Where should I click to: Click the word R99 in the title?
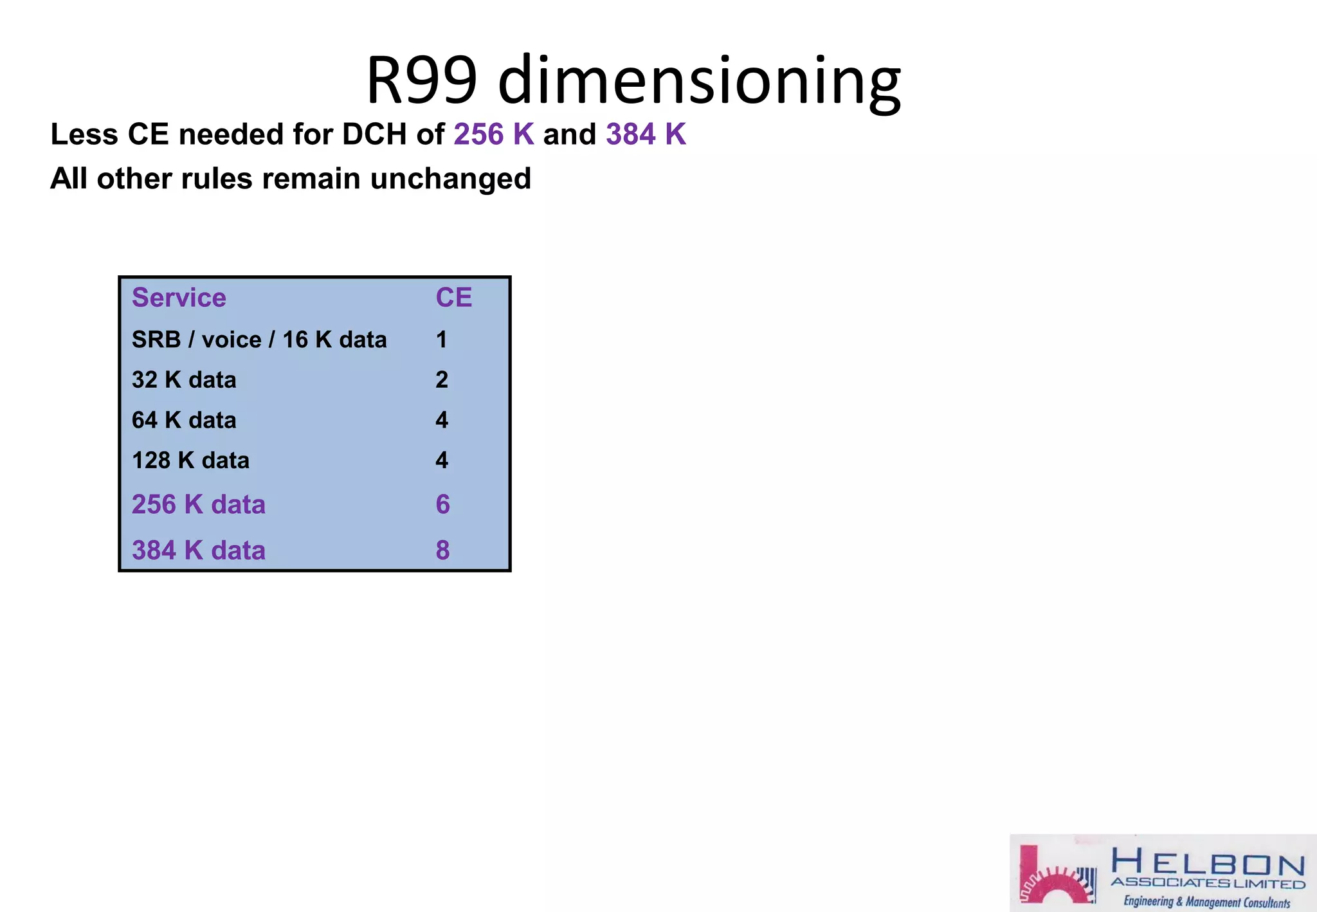click(x=421, y=80)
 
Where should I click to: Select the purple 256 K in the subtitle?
click(x=493, y=134)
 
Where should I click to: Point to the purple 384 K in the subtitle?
click(x=646, y=134)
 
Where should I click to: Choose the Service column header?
click(x=179, y=298)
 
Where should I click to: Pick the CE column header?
click(x=453, y=298)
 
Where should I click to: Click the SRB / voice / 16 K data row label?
click(x=259, y=340)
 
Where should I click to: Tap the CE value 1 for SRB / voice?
click(x=441, y=340)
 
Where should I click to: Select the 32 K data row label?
click(x=184, y=380)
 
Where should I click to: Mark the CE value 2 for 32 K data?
click(x=441, y=380)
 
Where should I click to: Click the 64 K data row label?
click(x=184, y=421)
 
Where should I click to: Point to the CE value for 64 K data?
click(x=441, y=421)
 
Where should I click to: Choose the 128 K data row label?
click(x=190, y=461)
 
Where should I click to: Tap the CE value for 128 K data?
click(x=441, y=461)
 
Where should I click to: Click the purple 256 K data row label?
click(x=198, y=505)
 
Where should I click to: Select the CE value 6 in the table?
click(x=442, y=505)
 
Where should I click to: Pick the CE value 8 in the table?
click(x=442, y=551)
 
